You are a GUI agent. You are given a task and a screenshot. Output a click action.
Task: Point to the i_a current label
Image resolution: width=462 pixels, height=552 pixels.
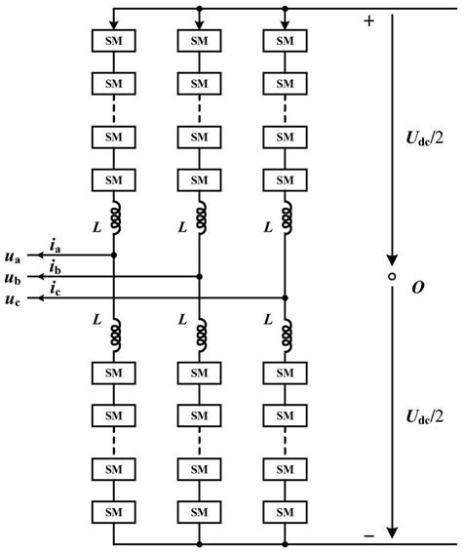(x=56, y=246)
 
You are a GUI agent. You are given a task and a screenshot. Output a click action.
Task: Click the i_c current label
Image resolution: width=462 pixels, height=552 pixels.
(x=56, y=289)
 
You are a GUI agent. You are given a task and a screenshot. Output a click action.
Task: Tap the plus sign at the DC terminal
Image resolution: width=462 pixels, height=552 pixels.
(x=368, y=21)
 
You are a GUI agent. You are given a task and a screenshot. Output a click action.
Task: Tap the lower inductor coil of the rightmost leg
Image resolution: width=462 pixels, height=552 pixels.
(x=285, y=334)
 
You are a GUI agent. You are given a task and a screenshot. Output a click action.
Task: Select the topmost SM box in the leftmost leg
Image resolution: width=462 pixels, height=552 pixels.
(x=114, y=41)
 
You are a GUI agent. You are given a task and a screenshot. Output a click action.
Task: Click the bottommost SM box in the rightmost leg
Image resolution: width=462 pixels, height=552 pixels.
(x=285, y=509)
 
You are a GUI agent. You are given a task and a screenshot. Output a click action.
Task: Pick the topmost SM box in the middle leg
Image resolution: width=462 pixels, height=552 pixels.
(x=199, y=41)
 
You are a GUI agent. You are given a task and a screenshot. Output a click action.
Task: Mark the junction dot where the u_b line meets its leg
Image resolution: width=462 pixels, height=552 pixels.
(x=199, y=277)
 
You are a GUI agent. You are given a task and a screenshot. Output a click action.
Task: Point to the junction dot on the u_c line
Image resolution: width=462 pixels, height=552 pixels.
(x=285, y=297)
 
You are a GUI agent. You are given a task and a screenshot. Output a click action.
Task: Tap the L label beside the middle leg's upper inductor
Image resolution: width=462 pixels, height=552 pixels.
(x=181, y=226)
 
